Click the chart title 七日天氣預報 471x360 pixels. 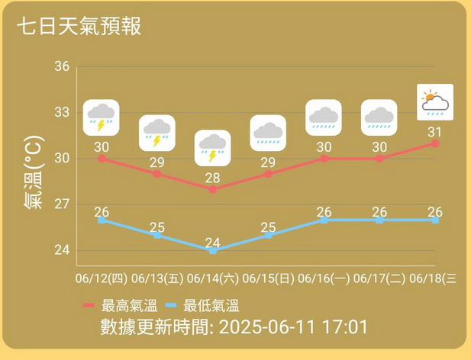(79, 25)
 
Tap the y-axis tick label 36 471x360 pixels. (62, 67)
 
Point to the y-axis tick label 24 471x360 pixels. (62, 250)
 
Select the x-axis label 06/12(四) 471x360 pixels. (101, 279)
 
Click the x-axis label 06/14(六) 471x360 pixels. (212, 279)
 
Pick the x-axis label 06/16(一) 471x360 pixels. (324, 279)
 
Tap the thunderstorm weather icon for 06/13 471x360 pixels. (157, 133)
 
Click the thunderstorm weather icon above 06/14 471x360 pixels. (212, 148)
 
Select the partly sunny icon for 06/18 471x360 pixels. (435, 102)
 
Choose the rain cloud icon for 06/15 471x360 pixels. (268, 133)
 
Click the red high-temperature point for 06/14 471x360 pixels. (212, 189)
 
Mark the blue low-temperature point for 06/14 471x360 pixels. (212, 250)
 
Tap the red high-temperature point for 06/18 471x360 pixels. (435, 143)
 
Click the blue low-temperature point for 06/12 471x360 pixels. (102, 220)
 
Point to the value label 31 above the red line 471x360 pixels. (435, 131)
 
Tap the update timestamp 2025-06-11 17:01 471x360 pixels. (293, 328)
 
